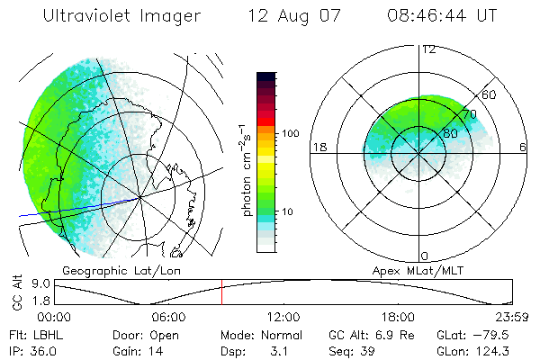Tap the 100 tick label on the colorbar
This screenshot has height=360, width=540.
[x=289, y=133]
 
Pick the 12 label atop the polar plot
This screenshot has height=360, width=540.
[x=428, y=49]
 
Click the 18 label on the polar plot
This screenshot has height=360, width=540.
[x=318, y=147]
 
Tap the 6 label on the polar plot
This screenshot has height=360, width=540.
[x=523, y=147]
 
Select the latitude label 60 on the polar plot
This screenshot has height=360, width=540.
[x=490, y=94]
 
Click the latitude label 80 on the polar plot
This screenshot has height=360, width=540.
[x=451, y=134]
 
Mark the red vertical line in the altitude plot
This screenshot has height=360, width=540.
[x=221, y=292]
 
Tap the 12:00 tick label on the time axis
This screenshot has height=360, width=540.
[x=283, y=317]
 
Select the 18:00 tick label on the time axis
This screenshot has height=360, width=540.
[x=398, y=317]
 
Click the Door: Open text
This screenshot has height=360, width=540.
[x=144, y=334]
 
